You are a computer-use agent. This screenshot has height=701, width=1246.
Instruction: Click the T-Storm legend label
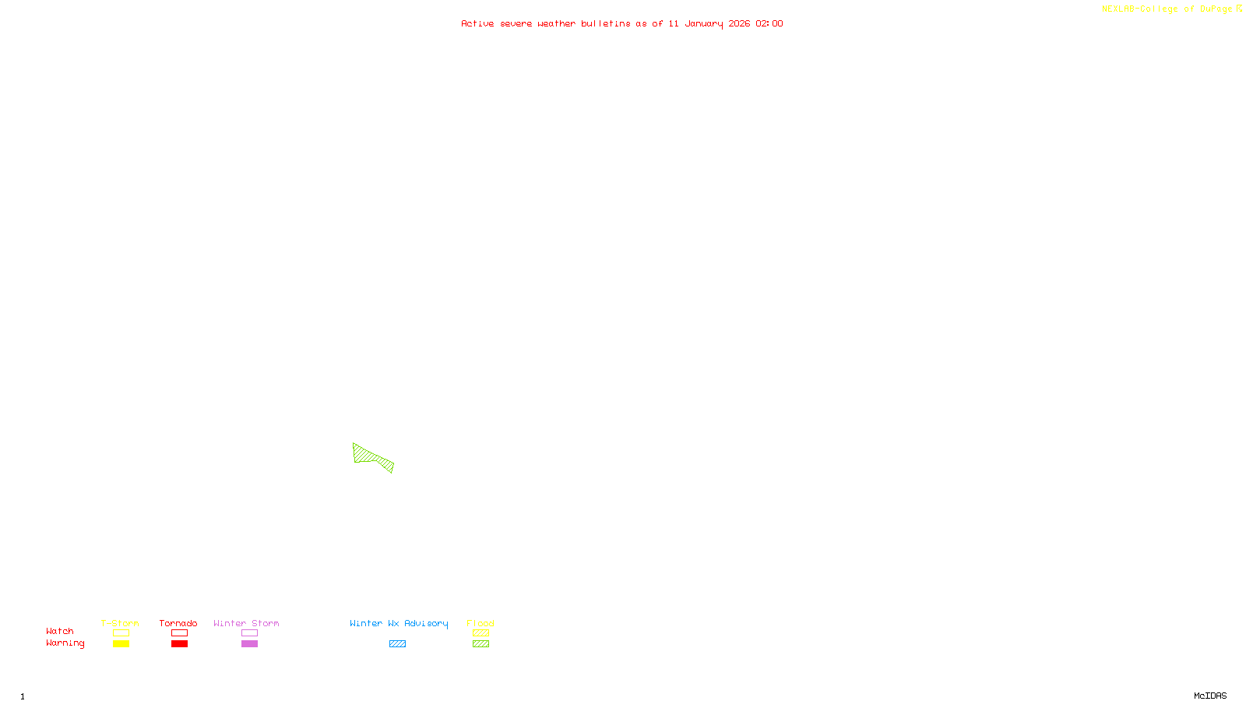[120, 623]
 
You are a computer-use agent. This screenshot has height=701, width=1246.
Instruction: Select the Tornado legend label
[178, 623]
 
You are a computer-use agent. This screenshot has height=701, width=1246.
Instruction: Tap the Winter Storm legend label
[246, 623]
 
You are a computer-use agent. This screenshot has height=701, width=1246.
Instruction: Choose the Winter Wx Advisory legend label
[399, 623]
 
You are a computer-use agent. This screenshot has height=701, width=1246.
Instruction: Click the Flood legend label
[480, 623]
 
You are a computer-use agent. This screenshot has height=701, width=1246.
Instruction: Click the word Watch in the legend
[60, 631]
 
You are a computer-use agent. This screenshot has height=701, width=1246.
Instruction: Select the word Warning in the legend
[65, 643]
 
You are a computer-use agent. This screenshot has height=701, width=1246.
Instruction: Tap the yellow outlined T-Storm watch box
[121, 633]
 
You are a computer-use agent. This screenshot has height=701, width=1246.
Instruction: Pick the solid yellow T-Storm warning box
[121, 644]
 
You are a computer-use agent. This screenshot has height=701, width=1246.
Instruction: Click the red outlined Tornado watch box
[179, 633]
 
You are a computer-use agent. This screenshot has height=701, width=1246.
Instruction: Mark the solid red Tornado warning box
[179, 644]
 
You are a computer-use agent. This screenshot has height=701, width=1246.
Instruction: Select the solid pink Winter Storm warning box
[249, 644]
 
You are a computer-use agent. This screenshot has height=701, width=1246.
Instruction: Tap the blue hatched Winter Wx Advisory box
[397, 644]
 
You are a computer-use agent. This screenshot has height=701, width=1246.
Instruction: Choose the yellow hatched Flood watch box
[480, 633]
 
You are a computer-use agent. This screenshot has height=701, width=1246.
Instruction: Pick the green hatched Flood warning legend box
[480, 644]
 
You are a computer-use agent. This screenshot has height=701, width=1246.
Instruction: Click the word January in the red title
[703, 24]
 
